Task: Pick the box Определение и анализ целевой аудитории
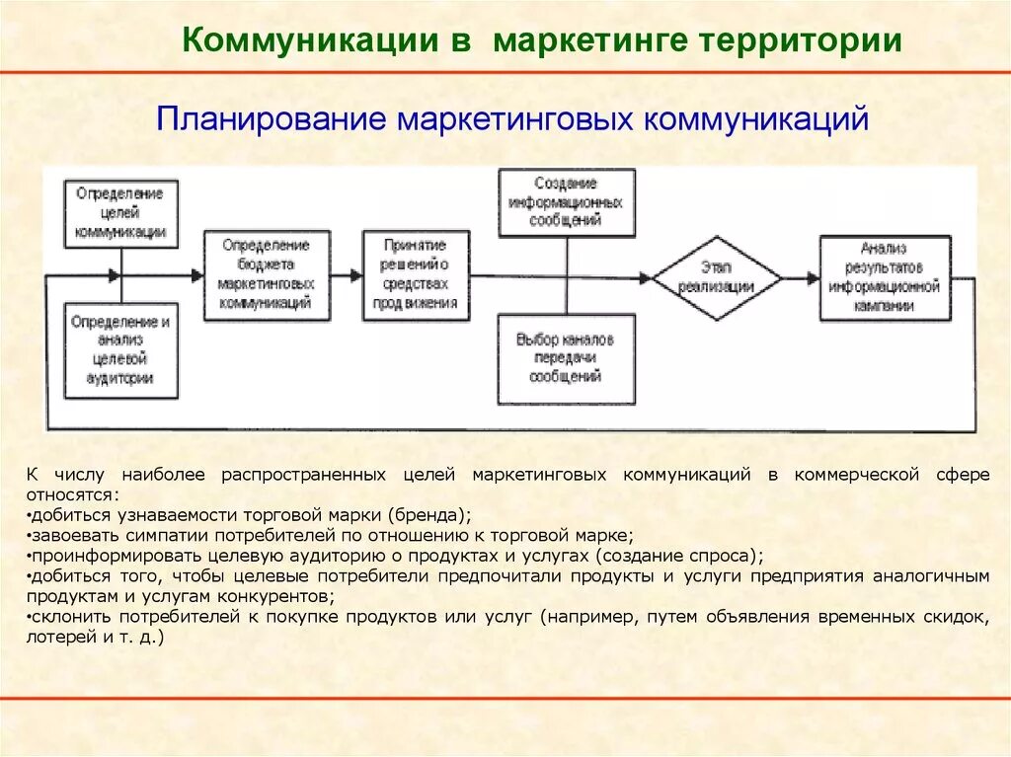click(120, 350)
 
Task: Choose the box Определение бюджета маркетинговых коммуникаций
click(267, 274)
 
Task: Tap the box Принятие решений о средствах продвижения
click(415, 274)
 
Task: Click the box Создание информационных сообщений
click(566, 202)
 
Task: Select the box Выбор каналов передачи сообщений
click(566, 357)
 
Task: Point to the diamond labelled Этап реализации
click(717, 277)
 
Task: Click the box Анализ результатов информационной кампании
click(885, 277)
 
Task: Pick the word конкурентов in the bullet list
click(284, 597)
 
